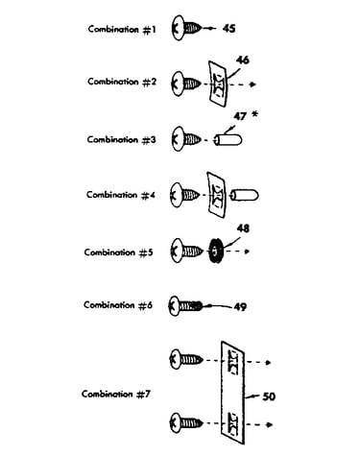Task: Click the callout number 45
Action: [228, 29]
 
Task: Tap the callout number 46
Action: [243, 60]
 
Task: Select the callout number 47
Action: [240, 116]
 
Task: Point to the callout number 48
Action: [243, 228]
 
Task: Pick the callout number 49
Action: [240, 307]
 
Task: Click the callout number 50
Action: [269, 396]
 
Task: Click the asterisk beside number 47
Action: [254, 113]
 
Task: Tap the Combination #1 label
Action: [122, 30]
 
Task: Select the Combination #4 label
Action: [121, 195]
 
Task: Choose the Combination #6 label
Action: [118, 305]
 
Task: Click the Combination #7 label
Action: [116, 394]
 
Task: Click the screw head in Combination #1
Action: [178, 28]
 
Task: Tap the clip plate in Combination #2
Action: [218, 84]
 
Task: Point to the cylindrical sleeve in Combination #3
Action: [228, 140]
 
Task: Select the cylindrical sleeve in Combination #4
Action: [245, 195]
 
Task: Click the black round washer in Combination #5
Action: [215, 252]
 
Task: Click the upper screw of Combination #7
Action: [187, 359]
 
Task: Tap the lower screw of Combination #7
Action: [187, 423]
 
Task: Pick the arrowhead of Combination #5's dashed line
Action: [247, 252]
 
